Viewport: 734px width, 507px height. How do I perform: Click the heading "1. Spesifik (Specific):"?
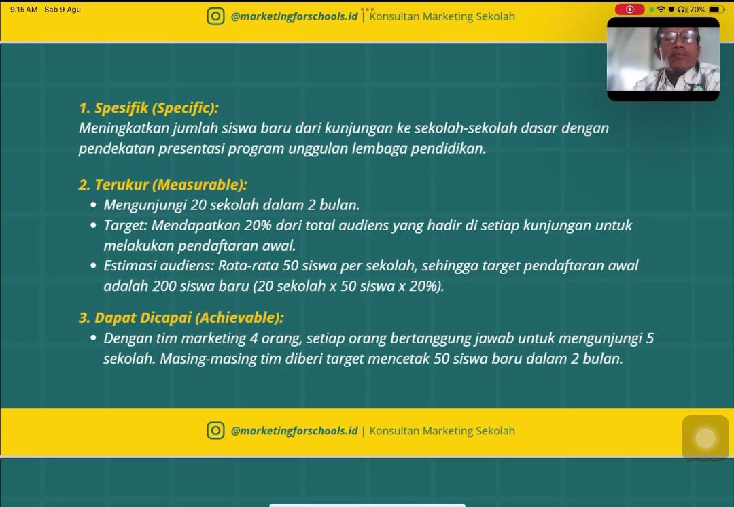tap(148, 108)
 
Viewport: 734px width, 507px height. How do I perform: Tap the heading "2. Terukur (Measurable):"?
tap(162, 185)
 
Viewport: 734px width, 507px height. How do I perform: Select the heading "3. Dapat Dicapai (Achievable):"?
tap(181, 318)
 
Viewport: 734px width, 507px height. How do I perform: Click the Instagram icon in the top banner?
tap(215, 16)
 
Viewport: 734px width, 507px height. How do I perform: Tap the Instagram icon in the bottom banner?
tap(215, 431)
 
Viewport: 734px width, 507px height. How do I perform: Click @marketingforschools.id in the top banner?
tap(294, 17)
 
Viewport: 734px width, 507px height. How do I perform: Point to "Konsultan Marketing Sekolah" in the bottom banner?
tap(442, 431)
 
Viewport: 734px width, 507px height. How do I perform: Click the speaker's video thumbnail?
tap(663, 59)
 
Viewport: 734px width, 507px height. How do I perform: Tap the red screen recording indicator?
tap(629, 10)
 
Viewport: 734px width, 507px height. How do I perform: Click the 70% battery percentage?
tap(697, 10)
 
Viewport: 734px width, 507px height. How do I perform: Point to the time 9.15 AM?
tap(24, 10)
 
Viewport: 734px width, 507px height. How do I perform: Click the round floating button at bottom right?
tap(705, 438)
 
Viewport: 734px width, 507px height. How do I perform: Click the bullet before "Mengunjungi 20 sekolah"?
tap(94, 205)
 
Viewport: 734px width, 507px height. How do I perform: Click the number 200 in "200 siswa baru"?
tap(164, 286)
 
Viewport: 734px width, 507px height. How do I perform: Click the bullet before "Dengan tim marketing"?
tap(94, 338)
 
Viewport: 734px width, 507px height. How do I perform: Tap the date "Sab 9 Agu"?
tap(63, 10)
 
